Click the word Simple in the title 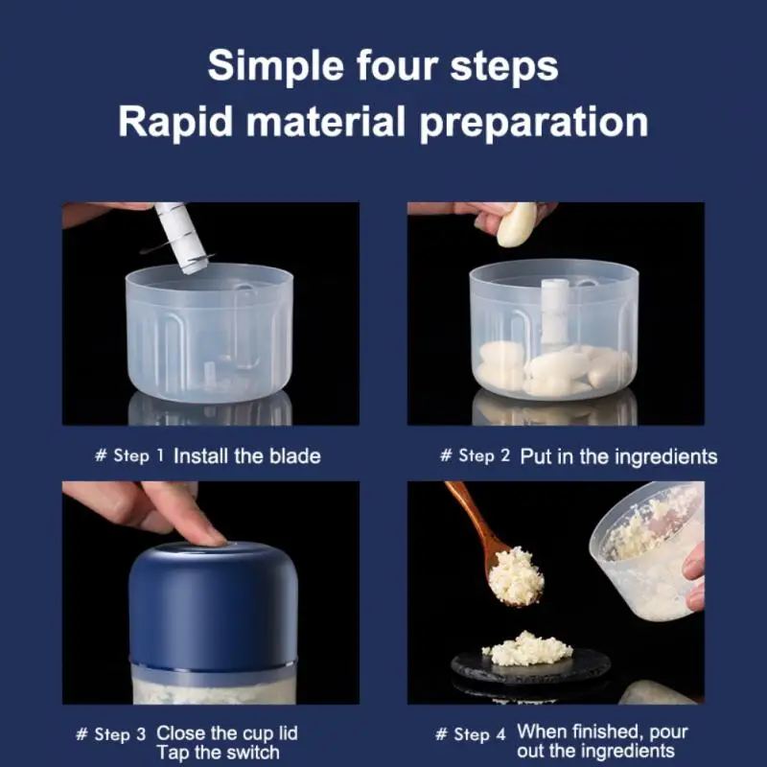click(x=276, y=67)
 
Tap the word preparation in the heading click(x=534, y=123)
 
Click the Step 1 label click(x=129, y=456)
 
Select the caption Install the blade click(x=247, y=456)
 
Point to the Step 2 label click(x=475, y=456)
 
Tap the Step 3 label click(x=111, y=734)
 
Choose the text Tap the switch click(x=219, y=753)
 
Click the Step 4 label click(x=470, y=734)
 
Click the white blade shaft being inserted click(x=181, y=237)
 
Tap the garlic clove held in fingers click(x=516, y=224)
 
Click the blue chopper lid click(x=213, y=606)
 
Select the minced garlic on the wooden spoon click(x=515, y=576)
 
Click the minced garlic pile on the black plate click(x=527, y=649)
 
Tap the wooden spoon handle click(x=470, y=514)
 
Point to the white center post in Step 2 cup click(x=555, y=311)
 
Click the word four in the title click(x=397, y=65)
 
